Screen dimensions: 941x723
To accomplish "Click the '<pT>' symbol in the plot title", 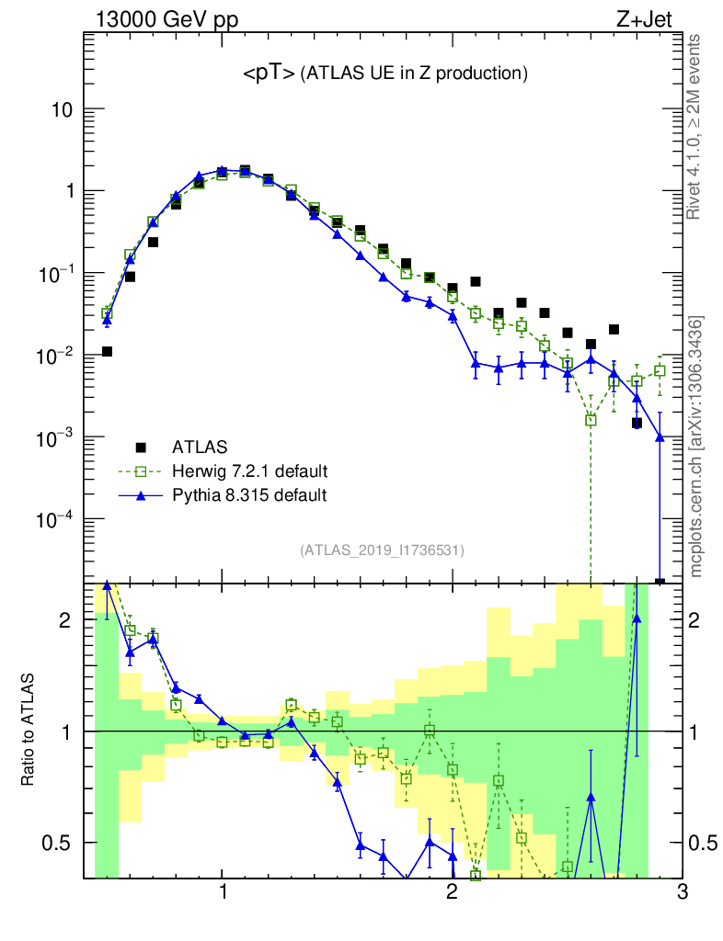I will (x=269, y=74).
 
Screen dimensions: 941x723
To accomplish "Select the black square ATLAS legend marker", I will (x=141, y=448).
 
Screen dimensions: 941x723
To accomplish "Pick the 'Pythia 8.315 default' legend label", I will (x=249, y=495).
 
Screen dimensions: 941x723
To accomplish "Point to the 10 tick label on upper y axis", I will (x=61, y=110).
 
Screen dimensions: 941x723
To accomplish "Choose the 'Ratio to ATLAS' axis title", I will (x=29, y=731).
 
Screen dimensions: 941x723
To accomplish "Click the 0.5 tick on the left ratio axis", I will (x=60, y=843).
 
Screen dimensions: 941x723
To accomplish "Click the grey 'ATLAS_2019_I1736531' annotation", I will (x=382, y=550).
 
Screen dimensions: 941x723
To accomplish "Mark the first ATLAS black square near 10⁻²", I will (x=107, y=351).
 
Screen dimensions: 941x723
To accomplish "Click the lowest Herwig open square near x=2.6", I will (x=591, y=420).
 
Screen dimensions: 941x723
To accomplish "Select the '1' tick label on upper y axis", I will (x=67, y=192).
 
